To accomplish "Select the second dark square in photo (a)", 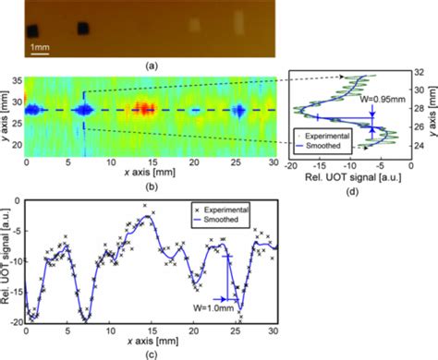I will pyautogui.click(x=84, y=28).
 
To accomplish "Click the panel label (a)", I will pyautogui.click(x=151, y=66).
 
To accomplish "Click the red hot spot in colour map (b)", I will pyautogui.click(x=143, y=109).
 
